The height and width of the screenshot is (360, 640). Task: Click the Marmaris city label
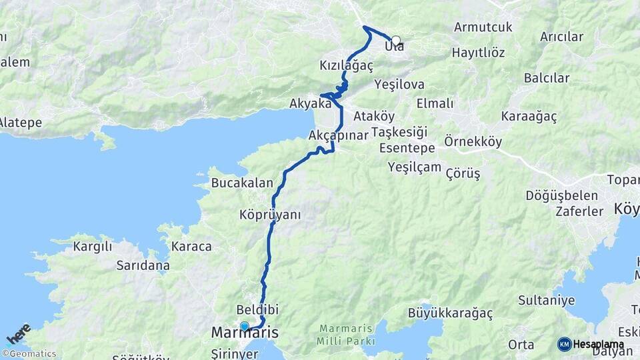244,332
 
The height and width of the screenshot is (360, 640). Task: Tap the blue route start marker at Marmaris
245,326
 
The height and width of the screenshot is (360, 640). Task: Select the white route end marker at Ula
396,40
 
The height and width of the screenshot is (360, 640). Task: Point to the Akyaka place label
310,103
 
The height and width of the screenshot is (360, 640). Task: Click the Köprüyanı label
270,215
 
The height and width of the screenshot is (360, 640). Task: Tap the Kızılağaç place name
346,65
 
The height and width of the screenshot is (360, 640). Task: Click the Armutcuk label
483,27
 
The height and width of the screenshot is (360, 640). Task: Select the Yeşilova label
399,85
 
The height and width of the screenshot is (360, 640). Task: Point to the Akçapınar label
339,135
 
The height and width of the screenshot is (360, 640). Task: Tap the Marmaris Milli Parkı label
348,335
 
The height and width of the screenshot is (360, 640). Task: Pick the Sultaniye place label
546,300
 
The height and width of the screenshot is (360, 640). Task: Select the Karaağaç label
529,116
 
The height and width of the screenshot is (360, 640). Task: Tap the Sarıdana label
143,265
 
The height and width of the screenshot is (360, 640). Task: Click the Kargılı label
93,247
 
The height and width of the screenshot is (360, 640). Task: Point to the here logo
18,333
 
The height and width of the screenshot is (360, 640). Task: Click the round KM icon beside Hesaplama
564,344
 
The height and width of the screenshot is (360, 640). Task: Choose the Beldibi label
257,310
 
